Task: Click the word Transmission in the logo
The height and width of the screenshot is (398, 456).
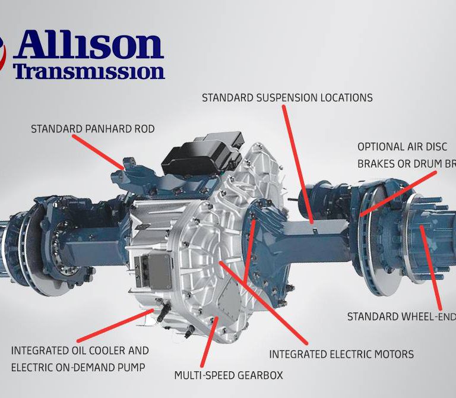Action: coord(89,72)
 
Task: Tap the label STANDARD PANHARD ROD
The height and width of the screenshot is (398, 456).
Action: coord(93,129)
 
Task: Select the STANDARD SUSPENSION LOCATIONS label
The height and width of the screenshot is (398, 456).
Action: coord(287,98)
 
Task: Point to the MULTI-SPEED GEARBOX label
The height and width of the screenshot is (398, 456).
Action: coord(228,375)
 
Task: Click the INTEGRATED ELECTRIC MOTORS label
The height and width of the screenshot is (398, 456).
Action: coord(341,355)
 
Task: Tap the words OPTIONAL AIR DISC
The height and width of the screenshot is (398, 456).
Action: coord(402,147)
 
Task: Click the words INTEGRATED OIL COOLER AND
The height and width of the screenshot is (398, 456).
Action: coord(80,351)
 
